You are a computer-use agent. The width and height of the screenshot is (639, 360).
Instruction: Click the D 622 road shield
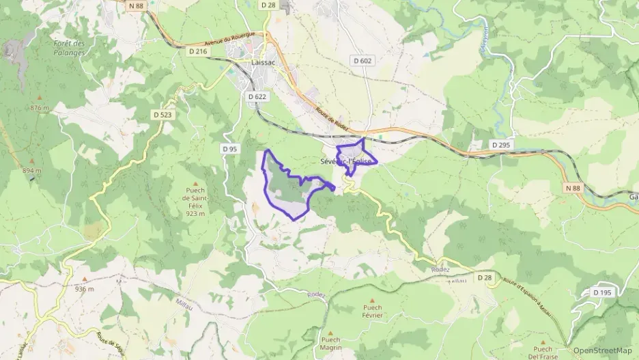pyautogui.click(x=257, y=97)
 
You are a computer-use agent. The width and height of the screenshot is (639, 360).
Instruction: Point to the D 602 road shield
pyautogui.click(x=363, y=61)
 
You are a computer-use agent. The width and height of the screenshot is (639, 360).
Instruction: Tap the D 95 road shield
pyautogui.click(x=230, y=148)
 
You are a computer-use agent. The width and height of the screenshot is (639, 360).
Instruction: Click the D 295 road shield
pyautogui.click(x=501, y=145)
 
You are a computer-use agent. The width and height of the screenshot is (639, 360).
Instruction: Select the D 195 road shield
pyautogui.click(x=603, y=293)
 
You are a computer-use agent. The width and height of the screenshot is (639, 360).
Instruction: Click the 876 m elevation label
pyautogui.click(x=40, y=108)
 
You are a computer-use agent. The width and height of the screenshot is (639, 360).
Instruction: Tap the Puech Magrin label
pyautogui.click(x=330, y=344)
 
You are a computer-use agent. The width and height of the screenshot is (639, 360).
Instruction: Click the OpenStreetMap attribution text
pyautogui.click(x=602, y=350)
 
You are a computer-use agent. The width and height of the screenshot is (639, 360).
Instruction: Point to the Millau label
pyautogui.click(x=184, y=301)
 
